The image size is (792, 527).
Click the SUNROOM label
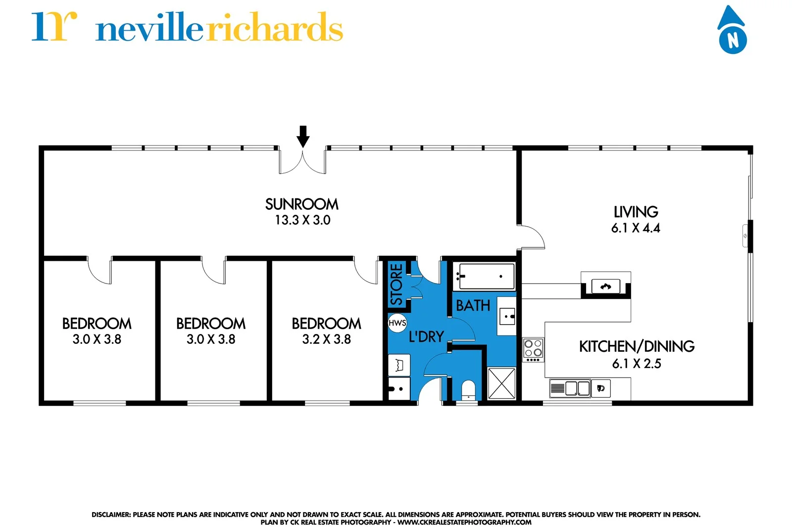point(302,204)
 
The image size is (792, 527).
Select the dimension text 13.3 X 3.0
point(302,220)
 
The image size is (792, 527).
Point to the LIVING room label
point(636,212)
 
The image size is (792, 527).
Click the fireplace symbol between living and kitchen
point(605,287)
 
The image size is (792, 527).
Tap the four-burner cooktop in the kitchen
point(533,349)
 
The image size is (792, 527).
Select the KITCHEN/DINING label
point(637,346)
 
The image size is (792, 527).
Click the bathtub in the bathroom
point(485,276)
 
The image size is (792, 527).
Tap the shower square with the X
point(501,383)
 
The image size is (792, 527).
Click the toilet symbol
point(468,390)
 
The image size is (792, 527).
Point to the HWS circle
point(397,323)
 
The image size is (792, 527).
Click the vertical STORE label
point(396,284)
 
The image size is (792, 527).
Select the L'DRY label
point(426,337)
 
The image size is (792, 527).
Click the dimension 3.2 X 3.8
point(326,339)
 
